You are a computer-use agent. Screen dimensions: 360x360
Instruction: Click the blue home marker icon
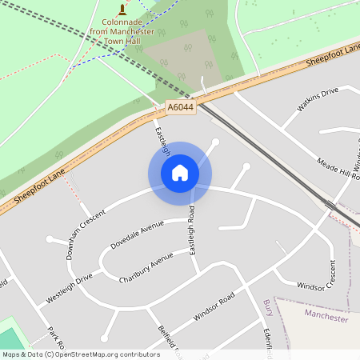[180, 173]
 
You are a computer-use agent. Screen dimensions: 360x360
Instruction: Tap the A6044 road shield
[181, 106]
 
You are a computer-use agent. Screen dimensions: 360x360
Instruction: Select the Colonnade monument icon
[122, 10]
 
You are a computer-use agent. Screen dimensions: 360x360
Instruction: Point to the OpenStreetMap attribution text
[80, 354]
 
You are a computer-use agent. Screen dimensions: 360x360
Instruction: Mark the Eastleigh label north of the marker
[162, 139]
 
